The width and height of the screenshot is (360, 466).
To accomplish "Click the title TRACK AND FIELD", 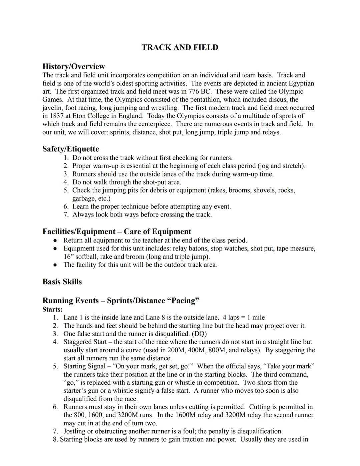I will (x=180, y=47).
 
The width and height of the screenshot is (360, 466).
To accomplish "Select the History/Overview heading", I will (x=73, y=66).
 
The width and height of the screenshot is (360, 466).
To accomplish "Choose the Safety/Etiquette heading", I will (x=70, y=149).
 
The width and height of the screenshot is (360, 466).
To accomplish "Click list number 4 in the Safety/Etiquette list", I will (x=66, y=182).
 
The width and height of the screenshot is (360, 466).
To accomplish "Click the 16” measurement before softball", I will (x=68, y=257).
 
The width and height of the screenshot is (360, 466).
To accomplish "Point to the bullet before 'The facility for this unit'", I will (x=56, y=265).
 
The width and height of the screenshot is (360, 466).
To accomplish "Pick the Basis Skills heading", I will (x=62, y=282).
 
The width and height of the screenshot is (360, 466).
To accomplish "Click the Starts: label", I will (x=52, y=309).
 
